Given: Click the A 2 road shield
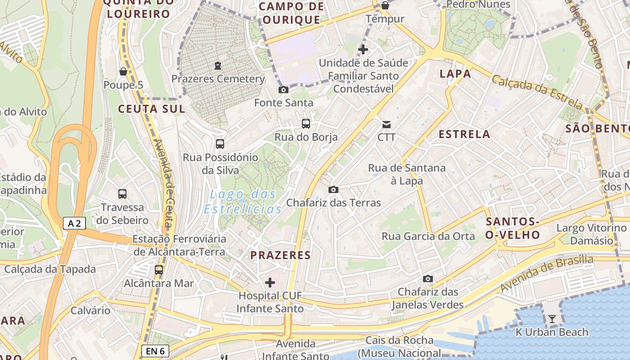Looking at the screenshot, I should pos(74,223).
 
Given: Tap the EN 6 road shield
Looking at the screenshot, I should pos(155,351).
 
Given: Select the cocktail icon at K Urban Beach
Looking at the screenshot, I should pos(552,319).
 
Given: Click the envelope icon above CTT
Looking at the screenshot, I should pos(386,124).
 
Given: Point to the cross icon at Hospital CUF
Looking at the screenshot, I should pos(270,283).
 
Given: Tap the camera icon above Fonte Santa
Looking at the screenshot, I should pos(283,90).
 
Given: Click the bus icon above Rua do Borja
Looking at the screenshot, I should pos(306,123).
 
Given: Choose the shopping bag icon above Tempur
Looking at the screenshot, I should pos(385,5).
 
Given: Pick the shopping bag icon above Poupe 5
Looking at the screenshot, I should pos(123,72).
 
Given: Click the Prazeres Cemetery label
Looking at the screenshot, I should pos(218,79).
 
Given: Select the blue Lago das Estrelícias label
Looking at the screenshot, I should pos(243,202).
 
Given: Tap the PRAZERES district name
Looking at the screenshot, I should pos(281,255).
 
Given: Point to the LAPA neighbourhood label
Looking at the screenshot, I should pos(455,74).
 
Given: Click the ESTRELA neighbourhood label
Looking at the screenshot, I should pos(464,134).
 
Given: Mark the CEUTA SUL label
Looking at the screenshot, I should pos(151,109).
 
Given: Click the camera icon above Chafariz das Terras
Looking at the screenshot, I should pos(333,189).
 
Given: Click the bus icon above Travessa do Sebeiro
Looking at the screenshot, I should pos(122,194).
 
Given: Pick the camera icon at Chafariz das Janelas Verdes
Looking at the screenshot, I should pos(428,279).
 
